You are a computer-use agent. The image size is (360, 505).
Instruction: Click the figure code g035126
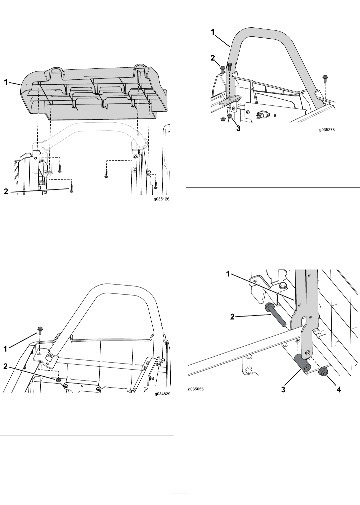(162, 199)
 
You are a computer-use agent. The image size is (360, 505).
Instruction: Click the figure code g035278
(327, 130)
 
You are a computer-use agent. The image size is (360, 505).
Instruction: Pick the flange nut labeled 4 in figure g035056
(323, 372)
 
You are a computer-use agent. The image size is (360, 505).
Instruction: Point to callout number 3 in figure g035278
(238, 128)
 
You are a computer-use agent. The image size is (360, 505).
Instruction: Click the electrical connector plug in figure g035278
(262, 115)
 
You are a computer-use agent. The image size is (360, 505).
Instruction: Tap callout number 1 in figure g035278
(212, 32)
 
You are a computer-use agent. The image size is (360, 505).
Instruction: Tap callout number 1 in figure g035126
(6, 82)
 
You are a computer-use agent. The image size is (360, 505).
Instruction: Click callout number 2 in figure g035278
(213, 58)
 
